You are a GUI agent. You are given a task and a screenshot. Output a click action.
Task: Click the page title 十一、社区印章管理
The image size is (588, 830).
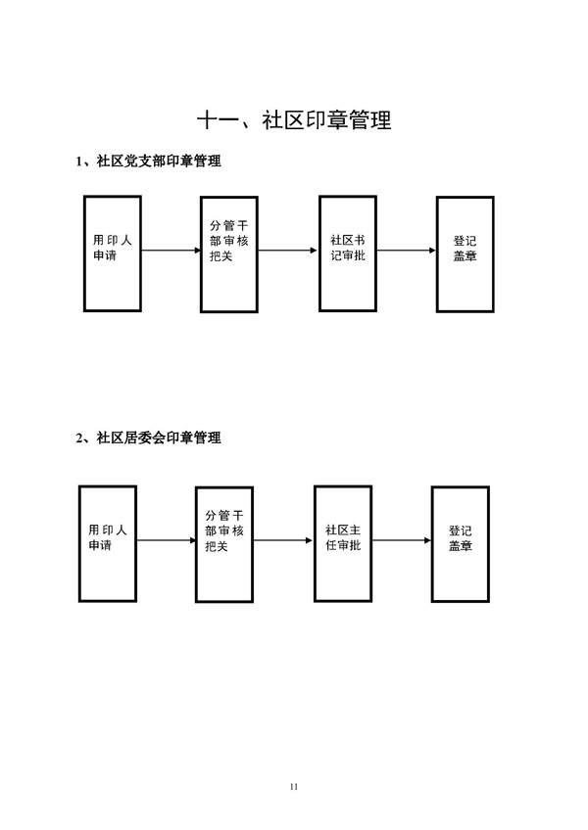pyautogui.click(x=294, y=120)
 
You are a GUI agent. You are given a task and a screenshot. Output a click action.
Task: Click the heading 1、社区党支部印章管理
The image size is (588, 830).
pyautogui.click(x=148, y=161)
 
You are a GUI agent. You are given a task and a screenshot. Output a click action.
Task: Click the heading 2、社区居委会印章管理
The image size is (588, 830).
pyautogui.click(x=148, y=438)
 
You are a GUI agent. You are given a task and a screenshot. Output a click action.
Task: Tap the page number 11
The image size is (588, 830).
pyautogui.click(x=294, y=786)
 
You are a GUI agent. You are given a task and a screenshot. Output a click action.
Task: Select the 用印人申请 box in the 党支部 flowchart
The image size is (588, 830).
pyautogui.click(x=113, y=253)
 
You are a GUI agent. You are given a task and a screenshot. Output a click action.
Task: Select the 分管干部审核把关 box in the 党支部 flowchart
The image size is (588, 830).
pyautogui.click(x=229, y=254)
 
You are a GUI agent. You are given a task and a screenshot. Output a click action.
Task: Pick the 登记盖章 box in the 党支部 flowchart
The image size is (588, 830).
pyautogui.click(x=465, y=254)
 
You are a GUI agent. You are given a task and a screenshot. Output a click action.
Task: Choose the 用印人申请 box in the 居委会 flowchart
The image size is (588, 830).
pyautogui.click(x=108, y=542)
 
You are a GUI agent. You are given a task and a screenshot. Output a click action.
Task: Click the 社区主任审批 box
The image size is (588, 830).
pyautogui.click(x=342, y=541)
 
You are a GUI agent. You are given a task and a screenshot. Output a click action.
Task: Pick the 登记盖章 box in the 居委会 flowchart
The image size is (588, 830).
pyautogui.click(x=461, y=542)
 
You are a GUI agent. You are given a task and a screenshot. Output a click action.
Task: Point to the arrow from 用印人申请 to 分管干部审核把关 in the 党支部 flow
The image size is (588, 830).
pyautogui.click(x=171, y=251)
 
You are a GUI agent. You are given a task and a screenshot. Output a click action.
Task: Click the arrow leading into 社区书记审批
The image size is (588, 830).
pyautogui.click(x=288, y=251)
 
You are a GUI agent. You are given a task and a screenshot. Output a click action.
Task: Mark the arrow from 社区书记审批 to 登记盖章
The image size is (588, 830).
pyautogui.click(x=406, y=251)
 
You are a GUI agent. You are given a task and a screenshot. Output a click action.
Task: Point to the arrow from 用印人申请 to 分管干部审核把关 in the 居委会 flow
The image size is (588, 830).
pyautogui.click(x=166, y=540)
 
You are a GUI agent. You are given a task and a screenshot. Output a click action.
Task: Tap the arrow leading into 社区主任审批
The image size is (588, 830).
pyautogui.click(x=283, y=540)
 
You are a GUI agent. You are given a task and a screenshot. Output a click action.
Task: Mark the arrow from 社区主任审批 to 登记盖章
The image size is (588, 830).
pyautogui.click(x=401, y=540)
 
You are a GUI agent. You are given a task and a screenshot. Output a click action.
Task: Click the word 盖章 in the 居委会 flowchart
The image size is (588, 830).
pyautogui.click(x=461, y=546)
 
